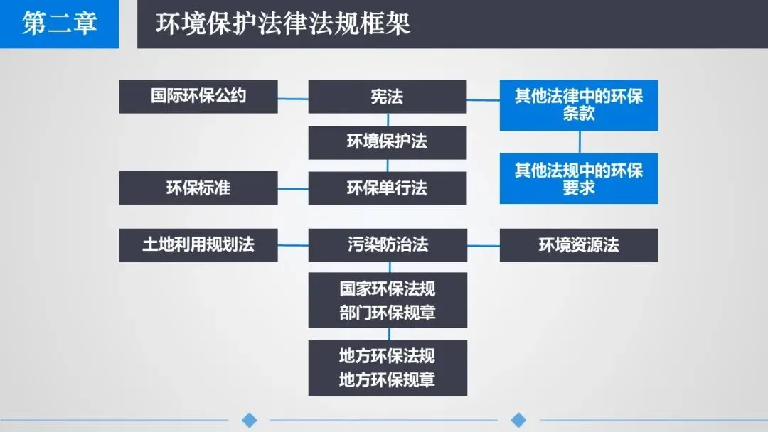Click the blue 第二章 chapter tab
pyautogui.click(x=59, y=24)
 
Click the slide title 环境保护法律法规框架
pyautogui.click(x=283, y=24)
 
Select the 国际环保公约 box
pyautogui.click(x=198, y=96)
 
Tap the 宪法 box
pyautogui.click(x=387, y=96)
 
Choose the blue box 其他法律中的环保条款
pyautogui.click(x=578, y=104)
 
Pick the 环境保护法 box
pyautogui.click(x=387, y=142)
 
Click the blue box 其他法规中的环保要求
pyautogui.click(x=578, y=178)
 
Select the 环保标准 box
pyautogui.click(x=198, y=188)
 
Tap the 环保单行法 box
pyautogui.click(x=387, y=188)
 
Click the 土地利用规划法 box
pyautogui.click(x=198, y=245)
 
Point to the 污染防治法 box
pyautogui.click(x=387, y=245)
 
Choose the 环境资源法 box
pyautogui.click(x=578, y=245)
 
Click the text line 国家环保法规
pyautogui.click(x=387, y=289)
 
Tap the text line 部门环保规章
pyautogui.click(x=387, y=313)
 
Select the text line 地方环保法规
pyautogui.click(x=387, y=356)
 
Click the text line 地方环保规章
pyautogui.click(x=387, y=380)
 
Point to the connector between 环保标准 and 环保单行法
pyautogui.click(x=292, y=188)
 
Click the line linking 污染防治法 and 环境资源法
pyautogui.click(x=483, y=245)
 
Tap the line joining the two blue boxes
pyautogui.click(x=579, y=141)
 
